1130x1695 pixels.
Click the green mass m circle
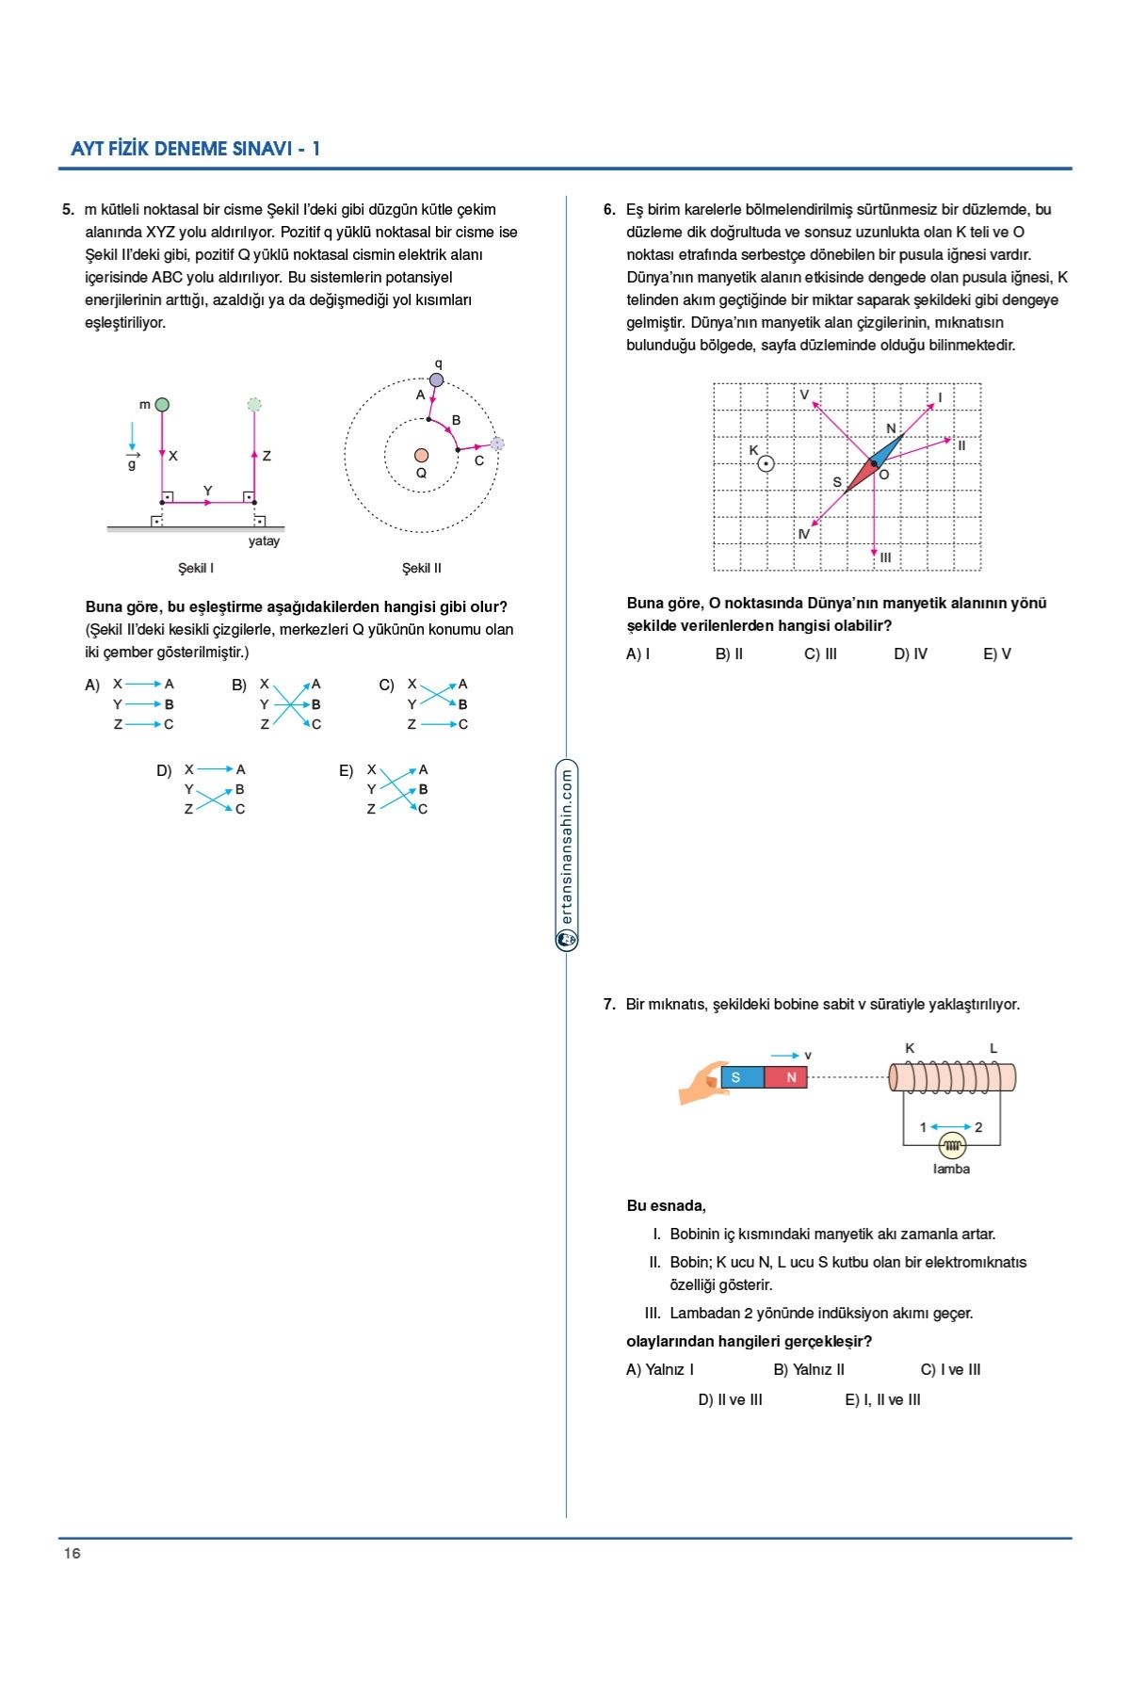point(162,405)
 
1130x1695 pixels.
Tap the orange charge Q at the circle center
point(421,456)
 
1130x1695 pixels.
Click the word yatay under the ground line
point(264,541)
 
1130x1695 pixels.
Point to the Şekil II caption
point(421,568)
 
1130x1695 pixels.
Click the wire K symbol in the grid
point(766,463)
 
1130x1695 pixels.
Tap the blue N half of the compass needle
point(887,450)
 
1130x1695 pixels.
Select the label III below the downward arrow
point(885,557)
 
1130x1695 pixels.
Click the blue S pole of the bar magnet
point(741,1077)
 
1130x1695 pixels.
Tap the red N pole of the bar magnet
point(786,1077)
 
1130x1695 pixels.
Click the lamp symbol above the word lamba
point(952,1146)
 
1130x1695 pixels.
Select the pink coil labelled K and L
point(951,1077)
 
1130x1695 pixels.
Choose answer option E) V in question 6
point(996,654)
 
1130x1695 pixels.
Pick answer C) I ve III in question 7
point(950,1369)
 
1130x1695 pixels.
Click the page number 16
point(73,1553)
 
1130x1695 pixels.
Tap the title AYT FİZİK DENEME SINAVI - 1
point(196,149)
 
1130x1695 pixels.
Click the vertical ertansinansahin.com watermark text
point(567,847)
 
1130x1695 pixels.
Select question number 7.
point(609,1004)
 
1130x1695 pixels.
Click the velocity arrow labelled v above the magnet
point(785,1056)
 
